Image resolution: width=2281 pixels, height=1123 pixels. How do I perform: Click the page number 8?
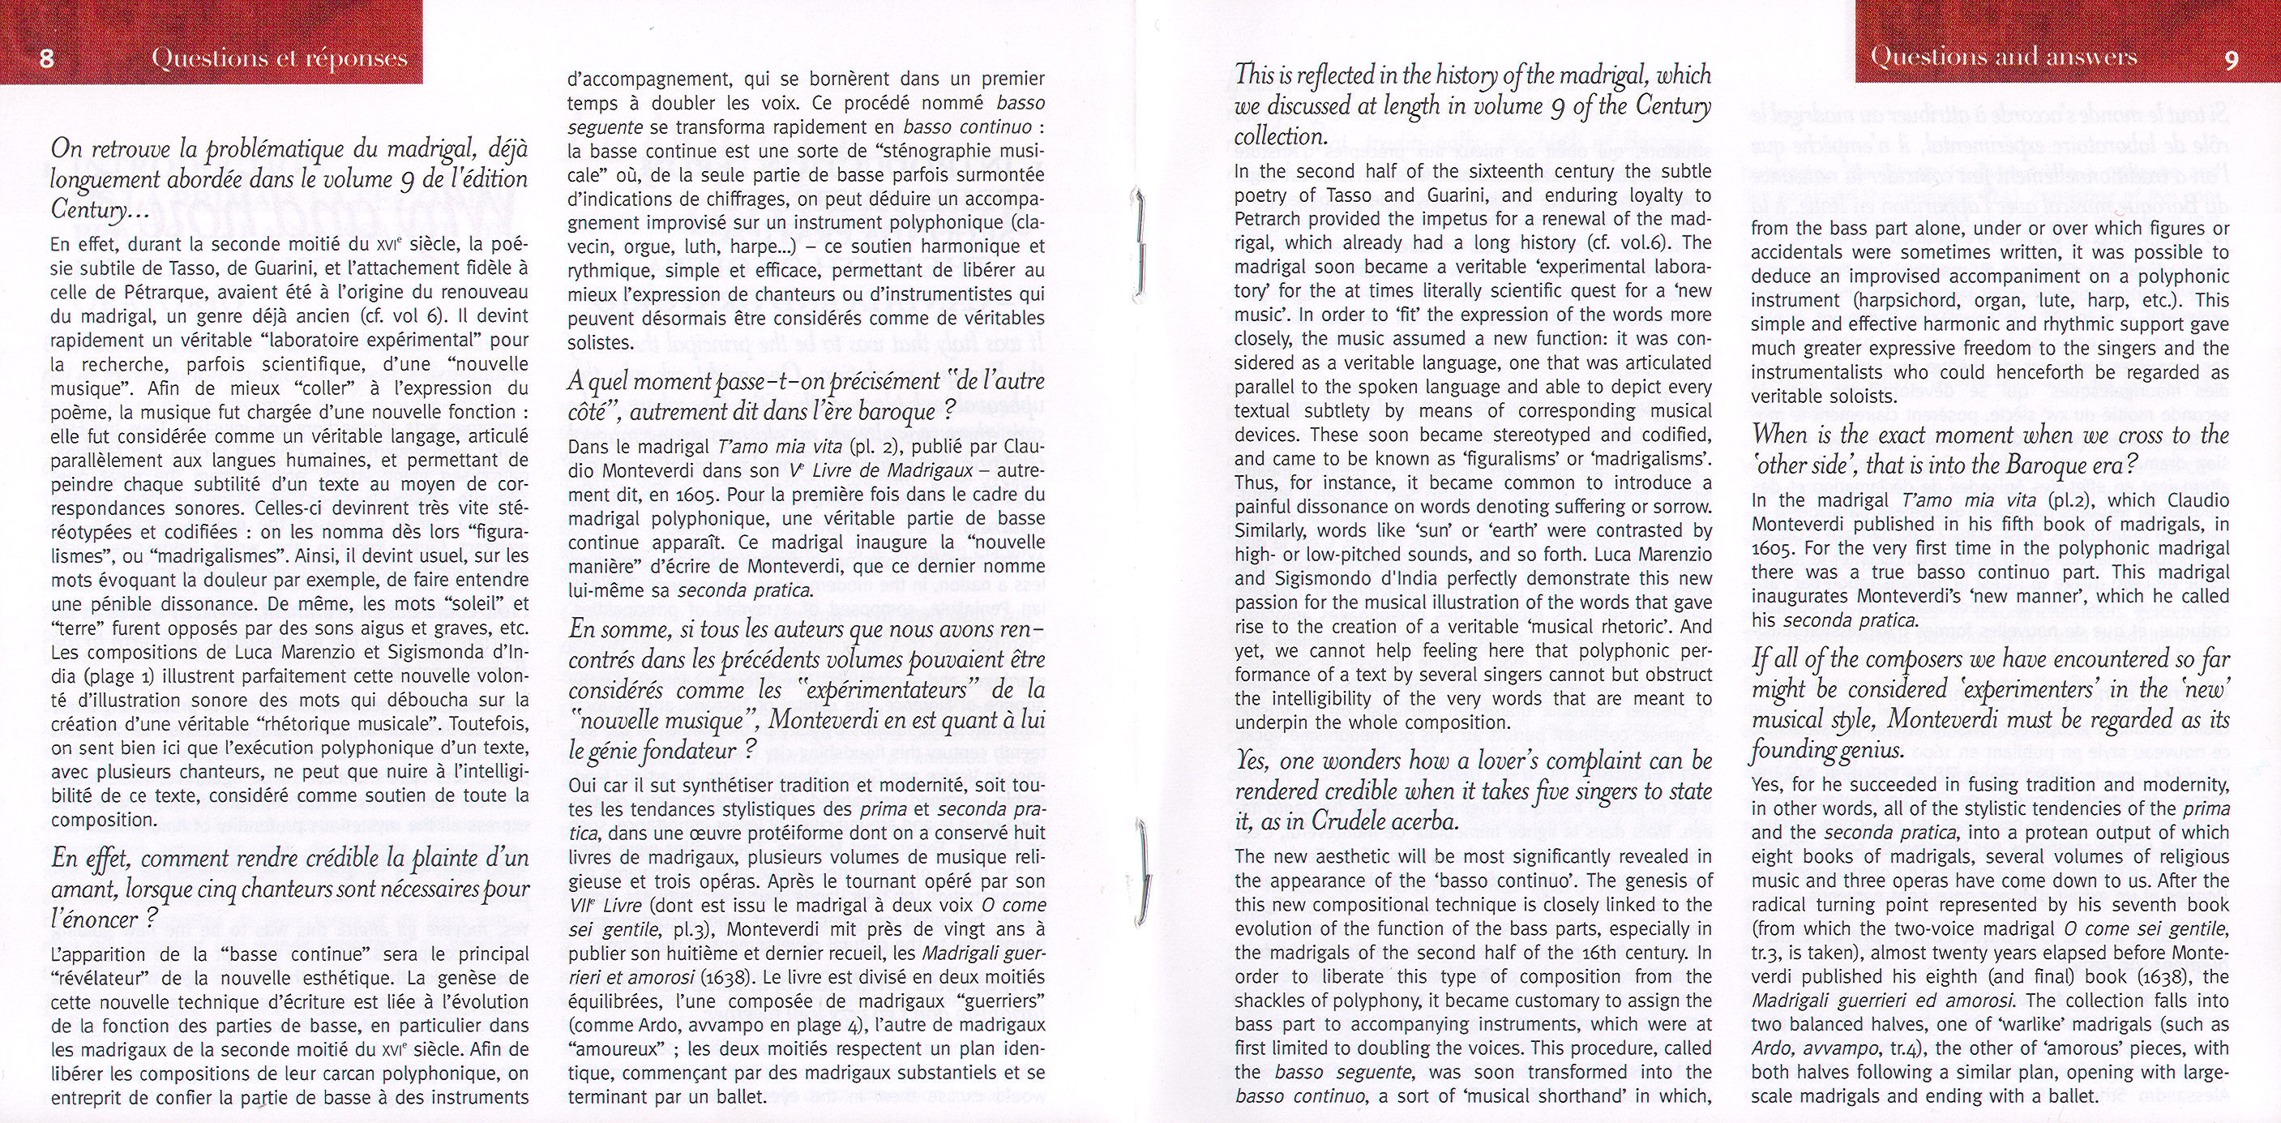[x=47, y=58]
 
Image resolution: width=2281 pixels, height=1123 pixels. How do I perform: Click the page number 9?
[x=2232, y=58]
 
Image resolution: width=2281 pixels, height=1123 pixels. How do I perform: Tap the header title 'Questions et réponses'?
[x=279, y=58]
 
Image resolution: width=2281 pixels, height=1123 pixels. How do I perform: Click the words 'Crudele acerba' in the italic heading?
[x=1378, y=821]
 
